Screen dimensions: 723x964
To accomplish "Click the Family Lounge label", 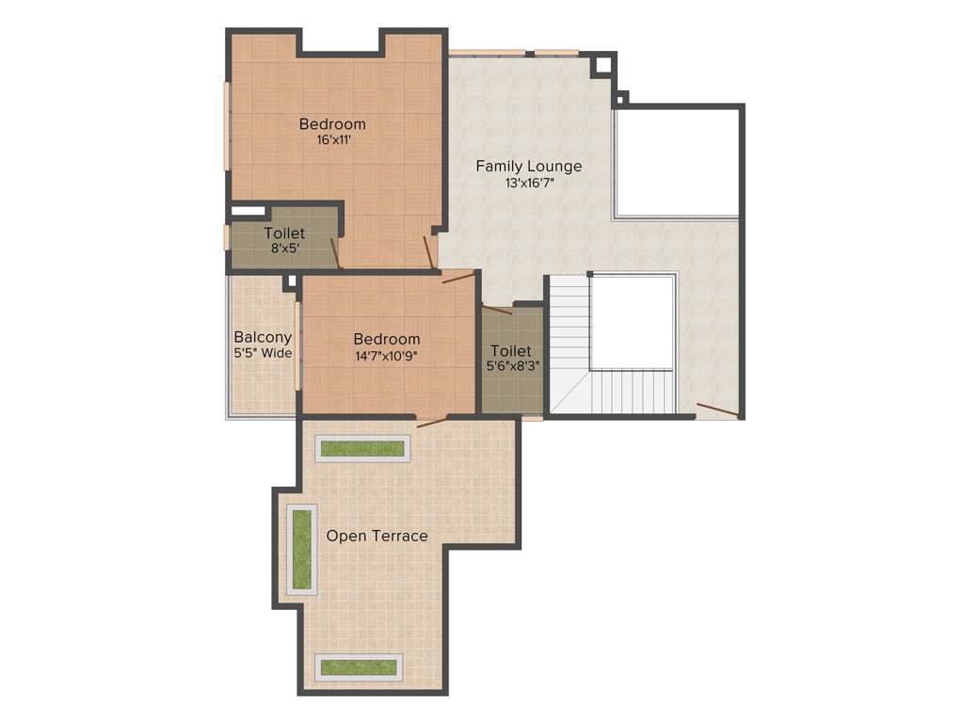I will coord(528,167).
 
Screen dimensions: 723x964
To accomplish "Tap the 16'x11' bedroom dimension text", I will coord(333,140).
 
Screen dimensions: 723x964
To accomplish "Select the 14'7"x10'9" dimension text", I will coord(387,356).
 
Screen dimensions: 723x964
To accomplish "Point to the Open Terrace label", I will coord(377,536).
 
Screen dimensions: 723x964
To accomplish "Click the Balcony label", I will coord(263,337).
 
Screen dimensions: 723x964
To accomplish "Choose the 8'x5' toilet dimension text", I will coord(283,249).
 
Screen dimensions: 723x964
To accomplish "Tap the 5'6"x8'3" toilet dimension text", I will coord(512,366).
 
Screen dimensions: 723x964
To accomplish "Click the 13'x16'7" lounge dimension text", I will coord(529,184).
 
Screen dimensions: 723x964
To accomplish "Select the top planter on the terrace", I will coord(362,449).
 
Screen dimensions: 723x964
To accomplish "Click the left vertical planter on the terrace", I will coord(301,550).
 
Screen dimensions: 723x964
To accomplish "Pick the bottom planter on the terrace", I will coord(359,667).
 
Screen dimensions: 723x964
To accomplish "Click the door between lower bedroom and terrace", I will coord(432,421).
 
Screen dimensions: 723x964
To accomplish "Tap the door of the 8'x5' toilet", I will coord(335,252).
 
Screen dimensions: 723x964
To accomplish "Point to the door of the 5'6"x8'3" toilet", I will coord(496,308).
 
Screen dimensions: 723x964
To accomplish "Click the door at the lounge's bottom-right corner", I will coord(717,410).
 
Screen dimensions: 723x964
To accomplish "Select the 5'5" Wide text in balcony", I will coord(263,354).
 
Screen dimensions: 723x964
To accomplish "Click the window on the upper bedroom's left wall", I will coord(227,125).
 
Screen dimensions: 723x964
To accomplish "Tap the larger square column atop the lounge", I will coord(601,66).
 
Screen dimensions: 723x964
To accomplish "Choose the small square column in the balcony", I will coord(291,281).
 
